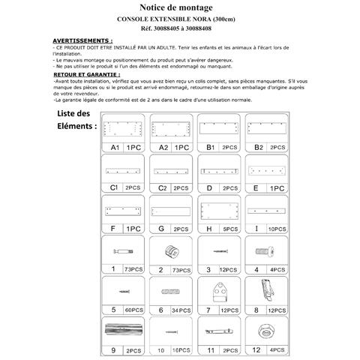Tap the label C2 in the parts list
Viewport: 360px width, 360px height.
point(161,187)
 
